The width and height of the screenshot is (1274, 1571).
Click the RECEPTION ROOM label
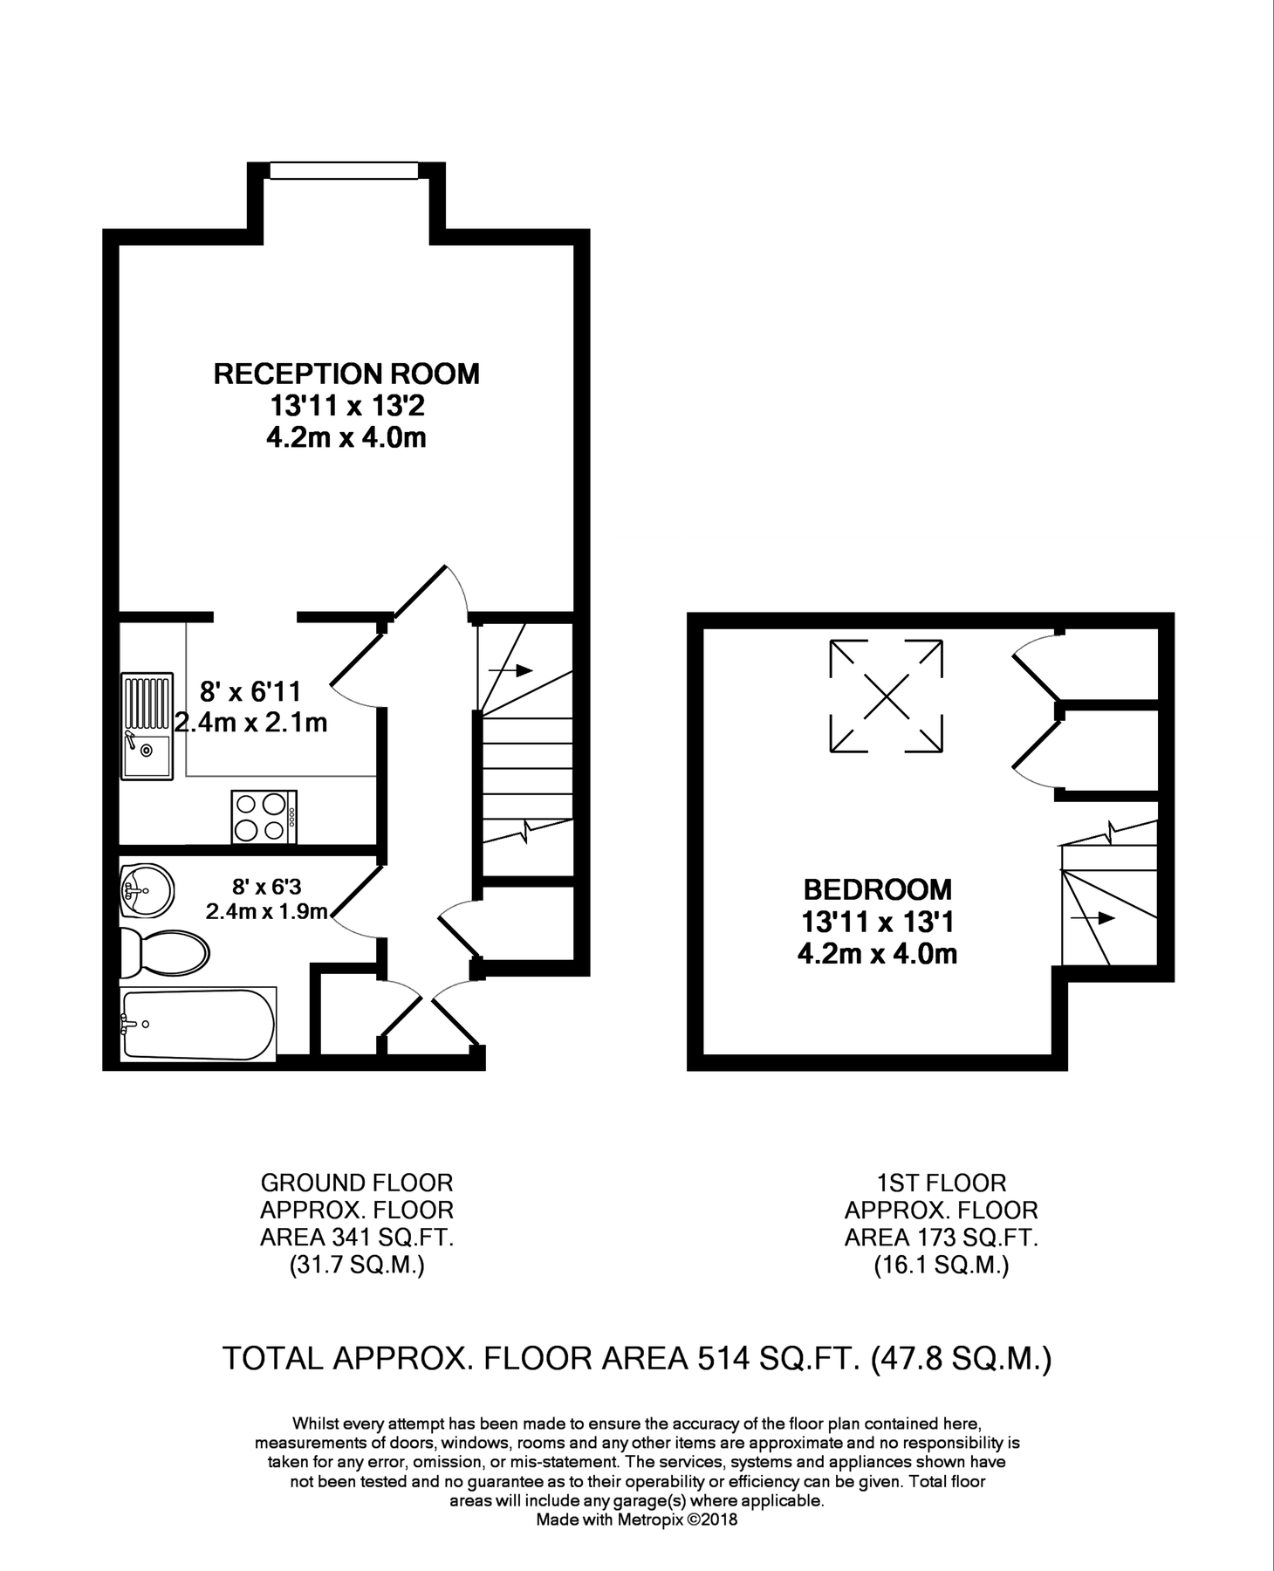coord(346,374)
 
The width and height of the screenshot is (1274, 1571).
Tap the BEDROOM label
coord(877,889)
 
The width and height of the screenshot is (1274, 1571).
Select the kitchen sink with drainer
coord(147,727)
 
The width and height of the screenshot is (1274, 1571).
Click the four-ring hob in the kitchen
coord(264,817)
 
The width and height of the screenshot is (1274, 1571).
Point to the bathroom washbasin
coord(146,892)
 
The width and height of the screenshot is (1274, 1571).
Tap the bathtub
coord(199,1024)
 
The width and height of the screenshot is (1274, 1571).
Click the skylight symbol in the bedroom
coord(886,696)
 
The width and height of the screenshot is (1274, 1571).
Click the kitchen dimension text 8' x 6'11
coord(250,692)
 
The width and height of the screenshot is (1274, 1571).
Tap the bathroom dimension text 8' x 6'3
coord(266,887)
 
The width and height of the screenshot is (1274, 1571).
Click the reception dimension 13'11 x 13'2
coord(346,406)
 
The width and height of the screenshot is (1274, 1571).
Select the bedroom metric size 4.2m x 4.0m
coord(877,954)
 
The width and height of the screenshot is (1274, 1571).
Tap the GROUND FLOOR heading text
coord(357,1183)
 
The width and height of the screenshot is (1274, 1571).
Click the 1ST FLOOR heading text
coord(941,1183)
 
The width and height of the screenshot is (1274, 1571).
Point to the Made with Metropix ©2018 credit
coord(636,1520)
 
